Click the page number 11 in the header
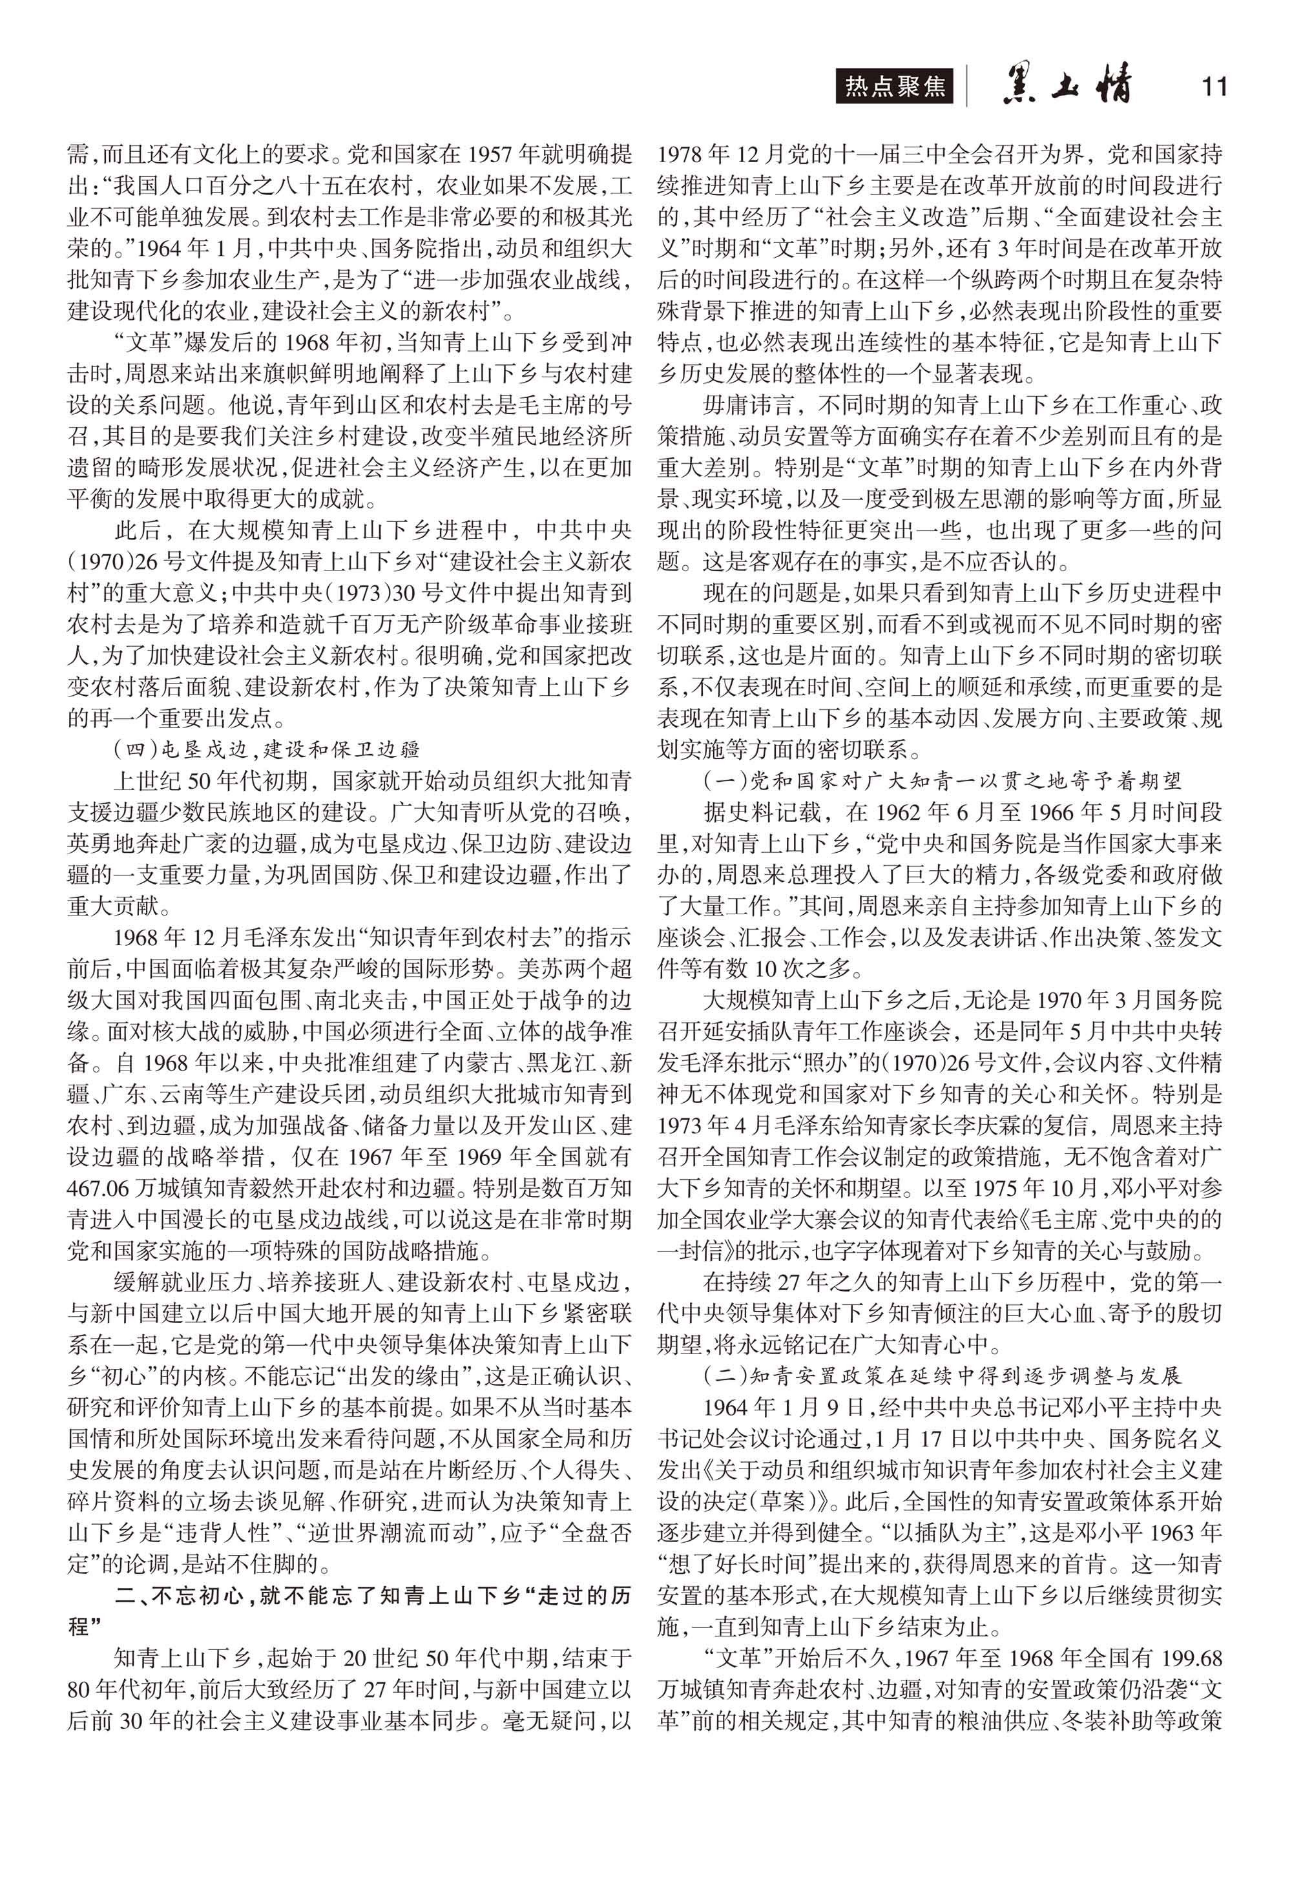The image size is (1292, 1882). [1214, 87]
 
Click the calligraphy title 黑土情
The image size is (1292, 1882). [1067, 85]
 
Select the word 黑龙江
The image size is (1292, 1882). [562, 1063]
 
